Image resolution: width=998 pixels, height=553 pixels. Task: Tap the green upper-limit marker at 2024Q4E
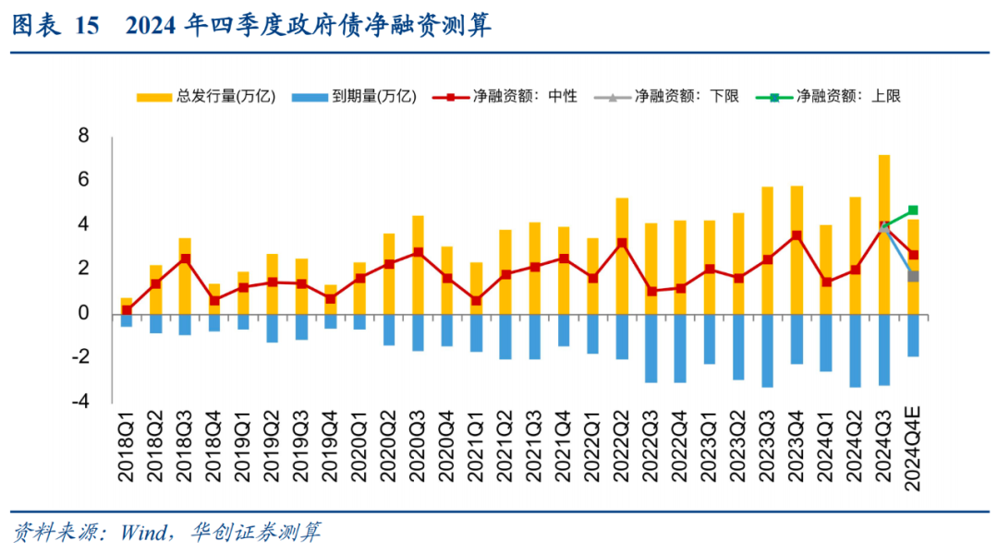913,210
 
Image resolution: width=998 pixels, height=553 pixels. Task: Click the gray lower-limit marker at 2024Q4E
913,276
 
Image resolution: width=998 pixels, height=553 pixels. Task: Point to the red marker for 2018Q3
185,259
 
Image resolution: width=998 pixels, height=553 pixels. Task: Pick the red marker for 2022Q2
622,244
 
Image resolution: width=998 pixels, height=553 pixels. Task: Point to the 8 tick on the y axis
83,136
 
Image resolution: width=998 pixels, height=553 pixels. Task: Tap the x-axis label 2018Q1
127,452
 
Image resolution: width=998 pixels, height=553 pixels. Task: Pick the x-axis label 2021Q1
476,452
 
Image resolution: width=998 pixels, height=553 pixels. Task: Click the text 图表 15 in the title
54,25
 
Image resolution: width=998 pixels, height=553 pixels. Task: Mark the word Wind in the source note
140,533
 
